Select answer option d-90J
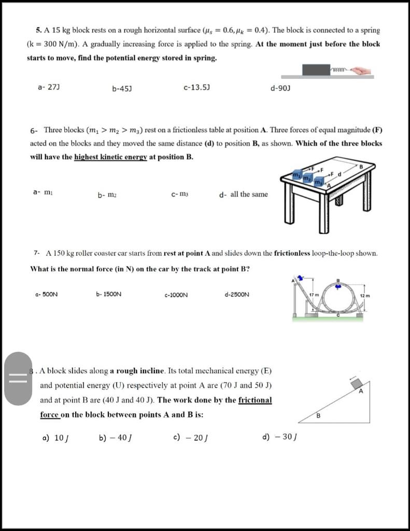click(x=280, y=88)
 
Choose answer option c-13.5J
click(x=196, y=88)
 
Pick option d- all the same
click(x=244, y=194)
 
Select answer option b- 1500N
click(x=109, y=295)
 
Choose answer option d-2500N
click(x=237, y=295)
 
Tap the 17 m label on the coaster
click(x=314, y=295)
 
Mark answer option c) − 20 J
click(x=190, y=437)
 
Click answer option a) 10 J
click(x=55, y=437)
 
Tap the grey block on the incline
click(x=356, y=384)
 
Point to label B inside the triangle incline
click(x=319, y=415)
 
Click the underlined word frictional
click(x=255, y=400)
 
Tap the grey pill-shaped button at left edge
click(x=19, y=378)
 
